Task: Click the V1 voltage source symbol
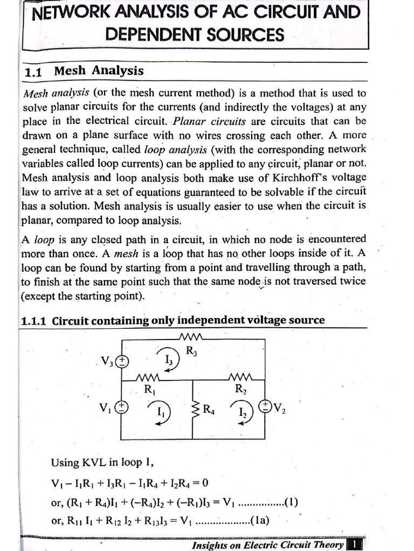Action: tap(123, 407)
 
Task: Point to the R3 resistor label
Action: tap(191, 351)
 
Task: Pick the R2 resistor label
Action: tap(241, 390)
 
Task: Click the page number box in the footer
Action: tap(355, 545)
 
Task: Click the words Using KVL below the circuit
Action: tap(75, 462)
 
